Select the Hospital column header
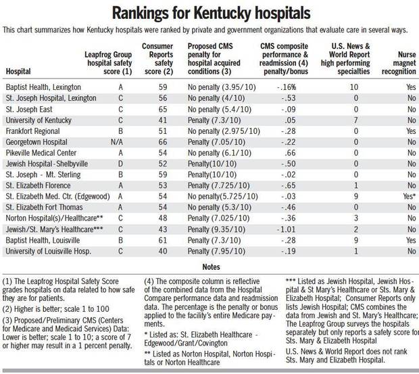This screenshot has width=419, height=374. [x=18, y=72]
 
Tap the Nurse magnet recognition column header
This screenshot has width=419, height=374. [x=399, y=63]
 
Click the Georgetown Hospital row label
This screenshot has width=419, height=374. [x=36, y=142]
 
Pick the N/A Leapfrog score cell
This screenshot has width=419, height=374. [x=117, y=142]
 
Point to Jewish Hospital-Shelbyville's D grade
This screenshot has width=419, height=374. [x=120, y=164]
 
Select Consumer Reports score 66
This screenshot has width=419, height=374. [x=163, y=142]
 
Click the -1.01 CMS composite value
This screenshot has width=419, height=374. [x=286, y=229]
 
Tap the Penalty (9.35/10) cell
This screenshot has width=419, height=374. [x=216, y=229]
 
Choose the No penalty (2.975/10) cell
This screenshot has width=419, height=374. [x=224, y=131]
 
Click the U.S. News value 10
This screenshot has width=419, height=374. [x=354, y=87]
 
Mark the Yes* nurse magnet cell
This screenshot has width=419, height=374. [x=410, y=197]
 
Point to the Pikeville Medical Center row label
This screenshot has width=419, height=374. [x=41, y=153]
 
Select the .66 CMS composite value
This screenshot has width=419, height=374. [x=290, y=153]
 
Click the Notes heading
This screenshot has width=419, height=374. [x=211, y=266]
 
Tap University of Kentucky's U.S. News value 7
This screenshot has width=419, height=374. [x=355, y=120]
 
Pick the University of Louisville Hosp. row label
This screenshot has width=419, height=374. [x=49, y=252]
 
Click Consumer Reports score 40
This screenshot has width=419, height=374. [x=163, y=252]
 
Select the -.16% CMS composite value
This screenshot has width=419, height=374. [x=287, y=87]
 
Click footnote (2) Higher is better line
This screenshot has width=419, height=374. [x=56, y=309]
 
